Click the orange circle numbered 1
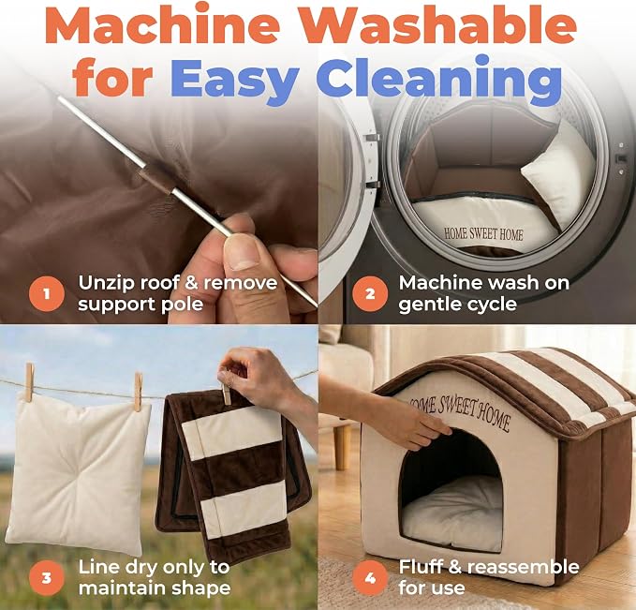47,293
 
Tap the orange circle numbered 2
370,293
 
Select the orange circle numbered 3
47,577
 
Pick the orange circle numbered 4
370,577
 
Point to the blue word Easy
234,79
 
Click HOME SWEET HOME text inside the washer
483,234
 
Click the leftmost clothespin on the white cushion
29,382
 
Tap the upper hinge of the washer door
371,138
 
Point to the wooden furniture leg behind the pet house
343,446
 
